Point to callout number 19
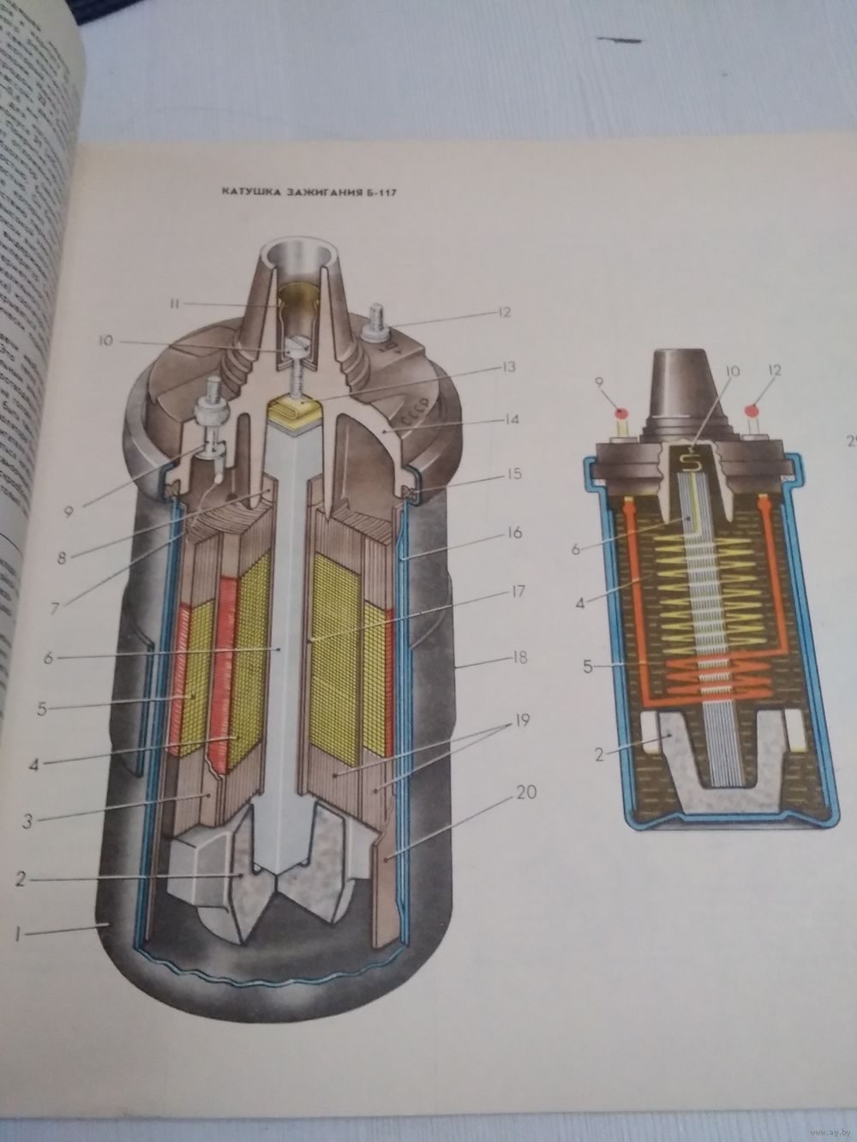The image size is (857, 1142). pyautogui.click(x=521, y=722)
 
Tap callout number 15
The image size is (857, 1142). pyautogui.click(x=513, y=472)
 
